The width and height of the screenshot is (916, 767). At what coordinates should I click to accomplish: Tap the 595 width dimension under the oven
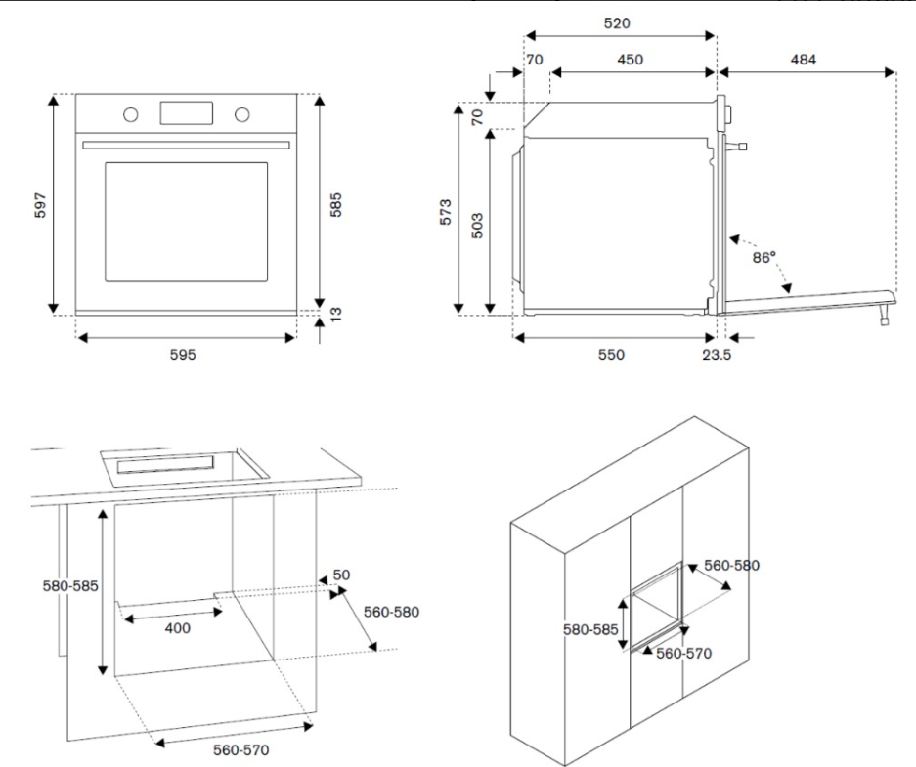click(184, 354)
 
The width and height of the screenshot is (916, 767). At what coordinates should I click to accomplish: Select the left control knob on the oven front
click(130, 113)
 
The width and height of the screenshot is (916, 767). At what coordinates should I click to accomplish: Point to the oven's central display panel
click(186, 111)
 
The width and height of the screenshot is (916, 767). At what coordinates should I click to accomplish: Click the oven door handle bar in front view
click(186, 145)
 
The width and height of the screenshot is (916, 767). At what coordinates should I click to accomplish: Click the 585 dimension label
click(335, 204)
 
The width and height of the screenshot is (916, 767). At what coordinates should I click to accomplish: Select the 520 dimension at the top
click(617, 22)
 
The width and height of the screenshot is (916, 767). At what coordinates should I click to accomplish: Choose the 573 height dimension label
click(446, 212)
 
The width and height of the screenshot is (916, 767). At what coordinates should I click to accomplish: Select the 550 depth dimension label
click(613, 354)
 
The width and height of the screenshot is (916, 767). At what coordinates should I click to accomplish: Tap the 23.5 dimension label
click(717, 354)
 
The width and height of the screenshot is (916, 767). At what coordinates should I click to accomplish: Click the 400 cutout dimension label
click(177, 628)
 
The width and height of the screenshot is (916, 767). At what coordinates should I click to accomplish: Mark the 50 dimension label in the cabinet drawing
click(341, 575)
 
